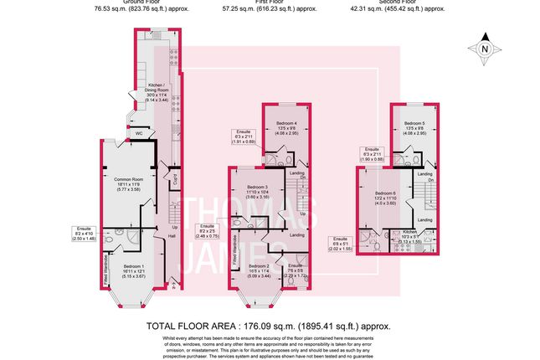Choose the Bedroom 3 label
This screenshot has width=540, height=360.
(257, 192)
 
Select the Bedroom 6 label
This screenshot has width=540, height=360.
(386, 197)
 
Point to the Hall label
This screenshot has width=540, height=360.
(171, 237)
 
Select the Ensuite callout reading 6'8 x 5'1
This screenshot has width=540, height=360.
(342, 243)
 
